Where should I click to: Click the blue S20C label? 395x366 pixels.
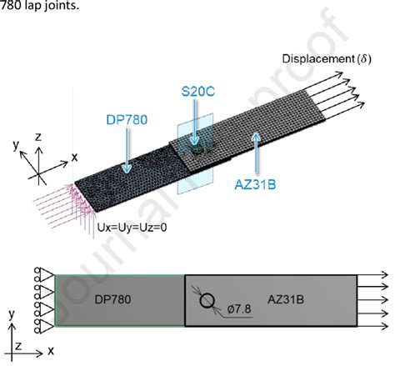click(x=198, y=92)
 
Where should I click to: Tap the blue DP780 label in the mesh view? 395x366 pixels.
click(x=127, y=120)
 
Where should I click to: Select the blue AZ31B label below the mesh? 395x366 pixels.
click(x=255, y=184)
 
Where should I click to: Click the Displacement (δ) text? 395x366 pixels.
click(x=327, y=59)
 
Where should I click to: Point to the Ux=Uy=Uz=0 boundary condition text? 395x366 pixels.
click(x=132, y=228)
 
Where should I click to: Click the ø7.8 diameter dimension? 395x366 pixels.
click(x=239, y=308)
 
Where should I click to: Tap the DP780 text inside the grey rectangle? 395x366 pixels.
click(x=112, y=299)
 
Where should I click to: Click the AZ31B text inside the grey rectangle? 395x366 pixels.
click(x=286, y=299)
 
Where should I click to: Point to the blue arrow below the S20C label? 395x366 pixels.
click(x=195, y=122)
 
